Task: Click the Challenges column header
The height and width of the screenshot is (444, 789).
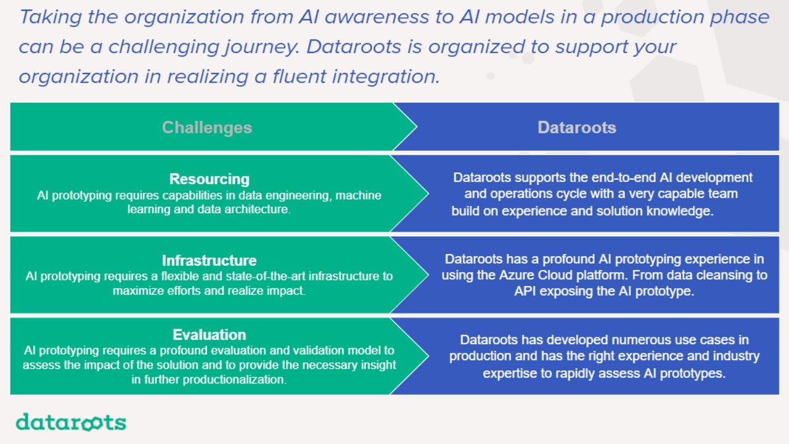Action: point(207,128)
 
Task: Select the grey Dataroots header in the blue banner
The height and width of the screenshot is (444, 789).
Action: point(577,128)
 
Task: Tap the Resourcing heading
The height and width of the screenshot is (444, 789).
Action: point(209,179)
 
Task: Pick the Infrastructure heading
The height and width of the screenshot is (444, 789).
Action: point(209,261)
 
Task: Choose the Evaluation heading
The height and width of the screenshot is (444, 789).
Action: point(209,335)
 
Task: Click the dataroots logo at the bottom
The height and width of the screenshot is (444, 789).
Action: point(71,422)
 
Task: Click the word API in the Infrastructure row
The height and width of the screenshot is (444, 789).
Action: point(525,292)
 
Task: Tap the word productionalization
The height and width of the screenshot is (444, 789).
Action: point(234,379)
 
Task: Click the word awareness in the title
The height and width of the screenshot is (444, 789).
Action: point(376,17)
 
